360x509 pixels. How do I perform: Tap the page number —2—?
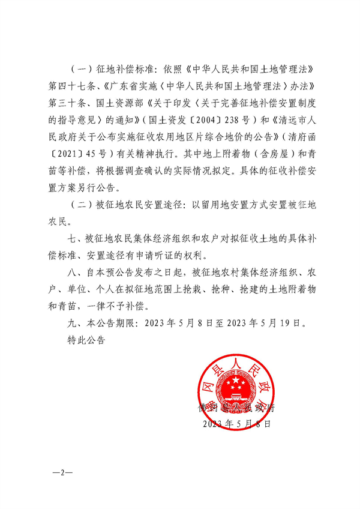(61, 472)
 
